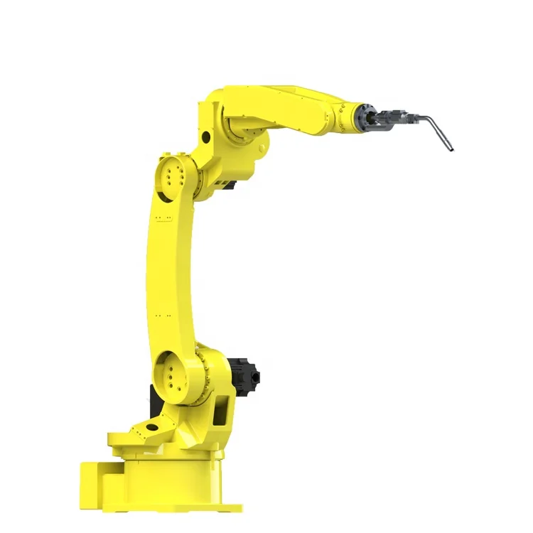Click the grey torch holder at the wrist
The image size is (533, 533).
(394, 117)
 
